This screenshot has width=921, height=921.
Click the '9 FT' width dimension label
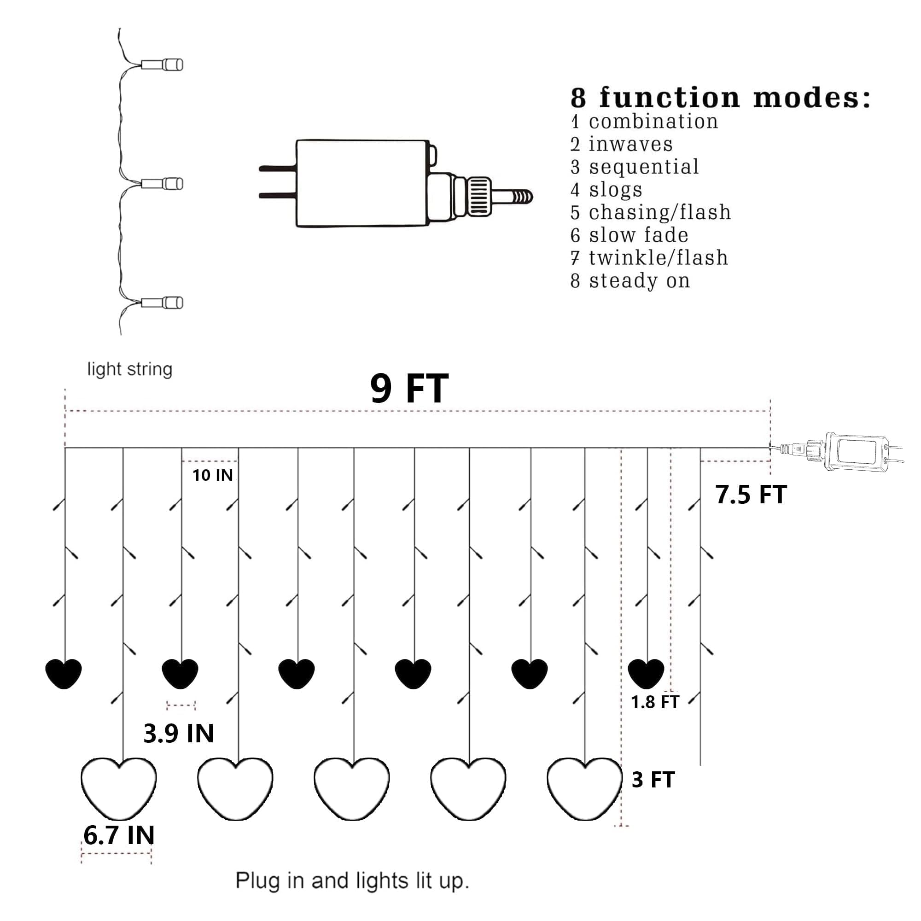coord(409,389)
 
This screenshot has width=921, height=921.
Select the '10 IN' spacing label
coord(213,475)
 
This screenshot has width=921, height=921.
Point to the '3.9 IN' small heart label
coord(178,733)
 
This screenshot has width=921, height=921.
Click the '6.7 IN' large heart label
coord(119,835)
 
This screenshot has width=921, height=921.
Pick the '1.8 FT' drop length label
coord(654,702)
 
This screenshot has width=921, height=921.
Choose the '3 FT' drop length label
coord(653,780)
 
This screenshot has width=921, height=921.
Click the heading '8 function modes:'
coord(720,98)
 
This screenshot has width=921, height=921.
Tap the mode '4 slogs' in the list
coord(606,190)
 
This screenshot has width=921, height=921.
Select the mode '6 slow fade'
coord(629,235)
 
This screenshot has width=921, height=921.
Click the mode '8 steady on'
coord(630,281)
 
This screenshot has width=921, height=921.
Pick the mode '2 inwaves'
coord(622,144)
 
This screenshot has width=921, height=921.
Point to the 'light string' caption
coord(130,369)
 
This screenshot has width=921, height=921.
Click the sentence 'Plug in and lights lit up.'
coord(352,880)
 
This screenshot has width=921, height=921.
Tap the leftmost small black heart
coord(64,674)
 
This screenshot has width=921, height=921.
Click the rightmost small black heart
coord(646,674)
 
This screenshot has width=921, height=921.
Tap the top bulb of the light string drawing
coord(162,64)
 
